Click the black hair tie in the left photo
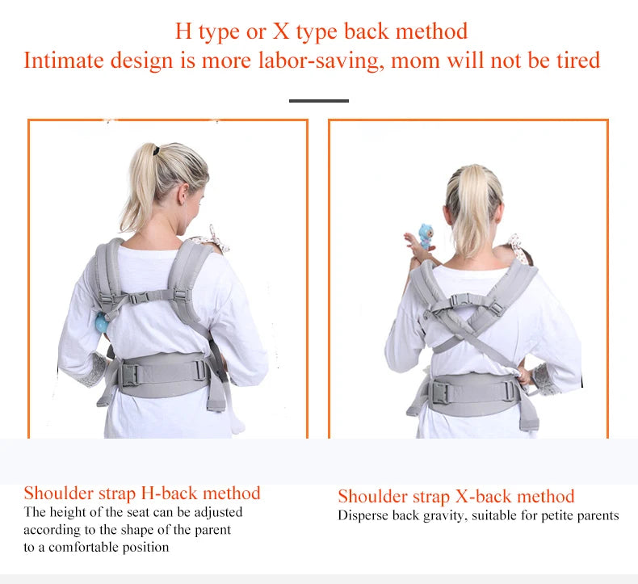(151, 150)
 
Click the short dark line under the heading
(319, 101)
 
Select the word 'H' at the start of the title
(183, 32)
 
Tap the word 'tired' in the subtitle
(574, 61)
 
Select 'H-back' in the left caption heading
(170, 494)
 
